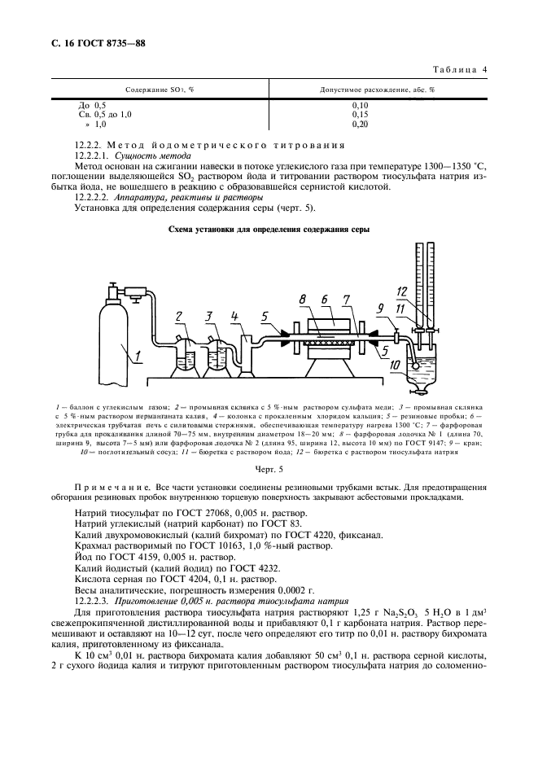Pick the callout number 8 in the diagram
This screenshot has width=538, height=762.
(302, 300)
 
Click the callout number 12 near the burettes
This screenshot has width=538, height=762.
(400, 291)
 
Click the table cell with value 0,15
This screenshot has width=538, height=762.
(360, 115)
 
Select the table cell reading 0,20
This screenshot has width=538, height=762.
(360, 124)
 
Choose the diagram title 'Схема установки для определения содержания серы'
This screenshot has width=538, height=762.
(268, 230)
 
